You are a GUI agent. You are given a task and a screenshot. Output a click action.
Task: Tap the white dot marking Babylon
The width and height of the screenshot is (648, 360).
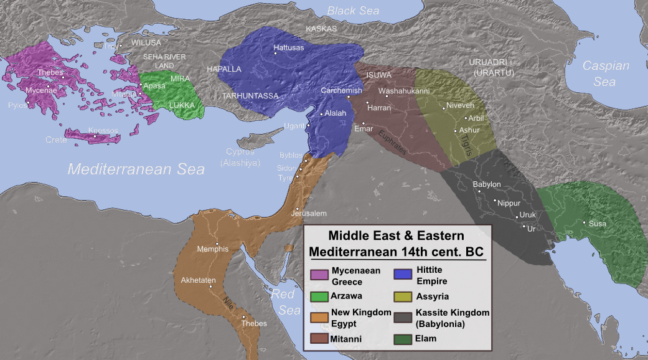(479, 191)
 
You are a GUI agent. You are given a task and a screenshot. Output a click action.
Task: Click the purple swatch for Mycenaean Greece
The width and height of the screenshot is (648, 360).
(319, 274)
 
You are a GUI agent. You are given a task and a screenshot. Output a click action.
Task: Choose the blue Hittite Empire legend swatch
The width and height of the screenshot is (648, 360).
(403, 274)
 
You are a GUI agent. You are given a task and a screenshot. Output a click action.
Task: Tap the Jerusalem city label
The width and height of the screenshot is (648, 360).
(309, 214)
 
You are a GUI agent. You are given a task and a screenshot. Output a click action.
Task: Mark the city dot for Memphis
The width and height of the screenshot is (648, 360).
(217, 244)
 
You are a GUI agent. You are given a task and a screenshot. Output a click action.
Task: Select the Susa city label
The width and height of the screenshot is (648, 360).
(598, 224)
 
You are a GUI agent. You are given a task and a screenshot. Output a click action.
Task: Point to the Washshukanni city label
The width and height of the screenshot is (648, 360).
(404, 91)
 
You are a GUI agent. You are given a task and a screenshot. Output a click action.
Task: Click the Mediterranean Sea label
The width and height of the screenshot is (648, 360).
(136, 169)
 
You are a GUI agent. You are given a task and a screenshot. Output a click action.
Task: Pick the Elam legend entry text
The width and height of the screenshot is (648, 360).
(426, 338)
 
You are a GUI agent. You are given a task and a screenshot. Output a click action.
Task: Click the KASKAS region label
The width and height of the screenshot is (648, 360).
(321, 29)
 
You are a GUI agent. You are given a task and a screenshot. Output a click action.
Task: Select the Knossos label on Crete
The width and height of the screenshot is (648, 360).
(103, 130)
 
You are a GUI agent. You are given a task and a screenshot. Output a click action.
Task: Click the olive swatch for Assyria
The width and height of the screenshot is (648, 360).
(403, 296)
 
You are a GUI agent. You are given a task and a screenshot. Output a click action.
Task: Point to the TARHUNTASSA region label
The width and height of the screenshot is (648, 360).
(250, 96)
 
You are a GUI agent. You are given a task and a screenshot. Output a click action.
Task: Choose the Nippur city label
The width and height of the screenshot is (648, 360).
(509, 203)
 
